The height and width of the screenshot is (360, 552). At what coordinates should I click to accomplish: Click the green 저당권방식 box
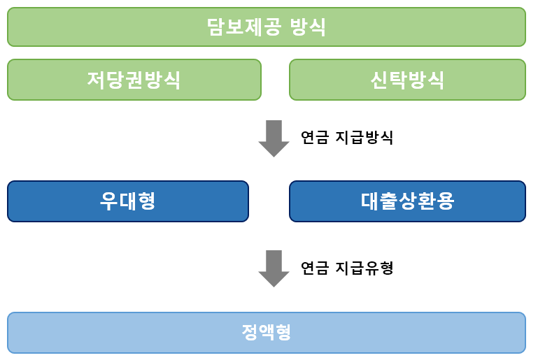click(134, 79)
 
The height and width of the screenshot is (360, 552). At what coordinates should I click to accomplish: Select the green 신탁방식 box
click(407, 79)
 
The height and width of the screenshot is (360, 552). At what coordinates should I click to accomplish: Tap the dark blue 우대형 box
click(127, 201)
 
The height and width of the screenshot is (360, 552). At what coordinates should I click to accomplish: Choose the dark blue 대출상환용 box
click(407, 201)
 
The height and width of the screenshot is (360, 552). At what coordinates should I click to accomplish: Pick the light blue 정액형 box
click(266, 332)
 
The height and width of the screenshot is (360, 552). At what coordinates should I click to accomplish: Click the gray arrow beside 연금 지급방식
click(274, 138)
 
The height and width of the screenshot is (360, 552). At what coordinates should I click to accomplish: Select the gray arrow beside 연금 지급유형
click(274, 268)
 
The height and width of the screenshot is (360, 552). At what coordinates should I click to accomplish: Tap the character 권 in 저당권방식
click(134, 80)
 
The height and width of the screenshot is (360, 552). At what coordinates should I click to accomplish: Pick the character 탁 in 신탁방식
click(397, 80)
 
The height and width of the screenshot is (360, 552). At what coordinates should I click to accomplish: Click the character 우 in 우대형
click(108, 201)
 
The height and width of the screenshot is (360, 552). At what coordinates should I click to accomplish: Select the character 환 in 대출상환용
click(427, 201)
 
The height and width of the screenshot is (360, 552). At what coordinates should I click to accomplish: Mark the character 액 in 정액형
click(266, 332)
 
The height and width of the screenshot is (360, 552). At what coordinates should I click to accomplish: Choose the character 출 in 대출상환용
click(389, 201)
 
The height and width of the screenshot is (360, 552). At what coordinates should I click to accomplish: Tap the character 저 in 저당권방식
click(97, 80)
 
